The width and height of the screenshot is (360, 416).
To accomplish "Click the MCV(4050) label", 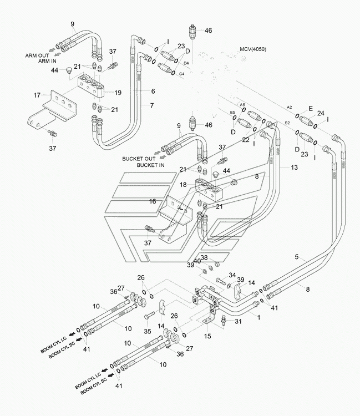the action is point(253,49).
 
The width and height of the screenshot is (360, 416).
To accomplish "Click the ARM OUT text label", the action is point(37,55).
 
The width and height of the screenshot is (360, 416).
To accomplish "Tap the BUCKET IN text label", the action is point(150,165).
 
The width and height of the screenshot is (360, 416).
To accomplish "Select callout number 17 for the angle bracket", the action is point(37,95).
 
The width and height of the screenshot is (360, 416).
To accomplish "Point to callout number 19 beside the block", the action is point(118,93).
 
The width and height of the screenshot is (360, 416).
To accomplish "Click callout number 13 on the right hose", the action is point(294,167).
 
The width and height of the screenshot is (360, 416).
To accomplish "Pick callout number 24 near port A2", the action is point(321,113).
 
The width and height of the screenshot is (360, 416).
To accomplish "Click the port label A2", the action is point(290,107).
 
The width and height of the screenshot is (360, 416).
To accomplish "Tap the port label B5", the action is point(232,113).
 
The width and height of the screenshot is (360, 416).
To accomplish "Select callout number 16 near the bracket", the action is point(153,201).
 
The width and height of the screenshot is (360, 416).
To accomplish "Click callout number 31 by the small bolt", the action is point(238,321).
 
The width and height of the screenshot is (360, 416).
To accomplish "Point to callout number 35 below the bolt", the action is point(148,331).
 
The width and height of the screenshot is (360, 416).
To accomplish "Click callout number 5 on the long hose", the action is point(297,257).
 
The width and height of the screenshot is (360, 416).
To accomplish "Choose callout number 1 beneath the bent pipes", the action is point(259,317).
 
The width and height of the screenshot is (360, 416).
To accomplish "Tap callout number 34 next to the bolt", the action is point(232,275).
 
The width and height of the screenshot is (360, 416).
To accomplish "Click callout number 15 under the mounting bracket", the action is point(207,336).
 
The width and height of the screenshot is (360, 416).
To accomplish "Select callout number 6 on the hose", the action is point(153,91).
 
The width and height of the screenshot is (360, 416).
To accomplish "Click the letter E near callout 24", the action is point(311,108).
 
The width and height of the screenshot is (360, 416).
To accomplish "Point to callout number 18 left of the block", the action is point(183,184).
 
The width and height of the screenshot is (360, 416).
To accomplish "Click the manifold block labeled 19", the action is point(92,85).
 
